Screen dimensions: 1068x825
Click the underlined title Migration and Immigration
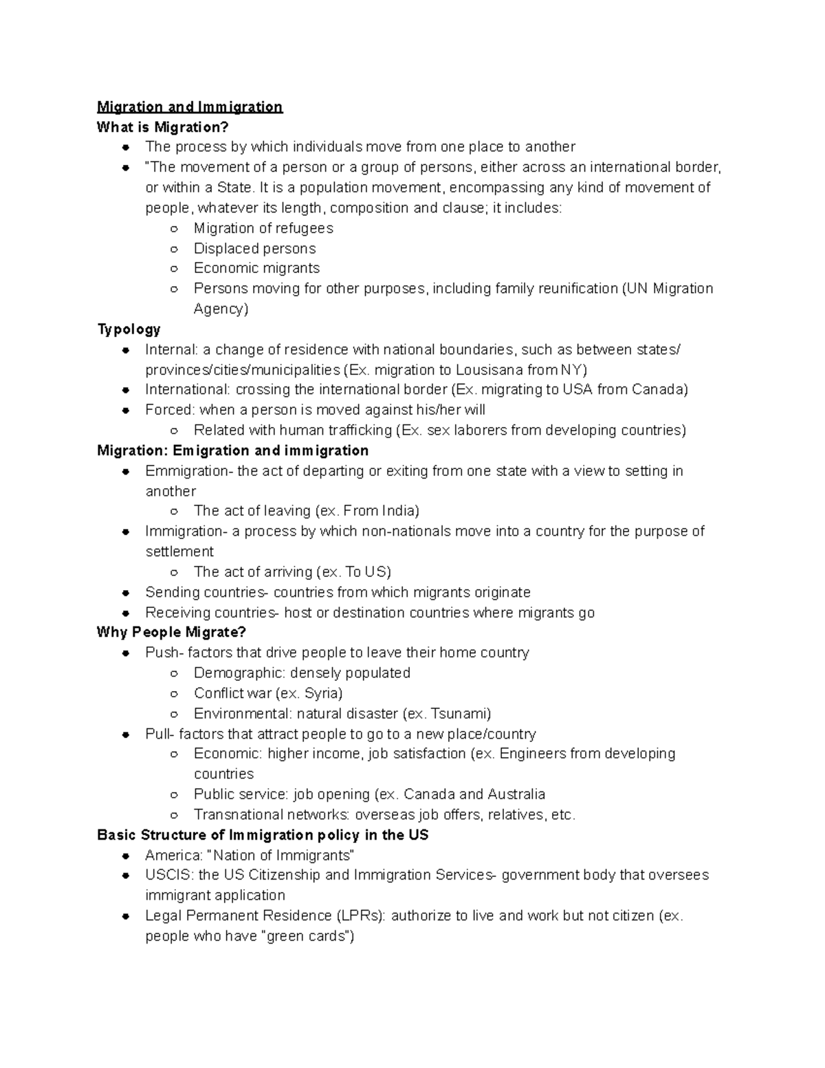(x=190, y=107)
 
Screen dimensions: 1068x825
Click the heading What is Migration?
(x=162, y=127)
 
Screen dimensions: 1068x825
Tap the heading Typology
(x=129, y=329)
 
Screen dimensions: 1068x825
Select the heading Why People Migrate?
(x=171, y=632)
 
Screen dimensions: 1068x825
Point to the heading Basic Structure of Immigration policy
(x=263, y=835)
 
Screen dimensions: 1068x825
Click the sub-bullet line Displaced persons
(x=254, y=249)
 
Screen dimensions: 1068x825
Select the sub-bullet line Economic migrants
(x=256, y=268)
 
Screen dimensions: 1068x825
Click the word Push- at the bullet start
(x=164, y=653)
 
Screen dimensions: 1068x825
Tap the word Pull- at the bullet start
(x=159, y=734)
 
